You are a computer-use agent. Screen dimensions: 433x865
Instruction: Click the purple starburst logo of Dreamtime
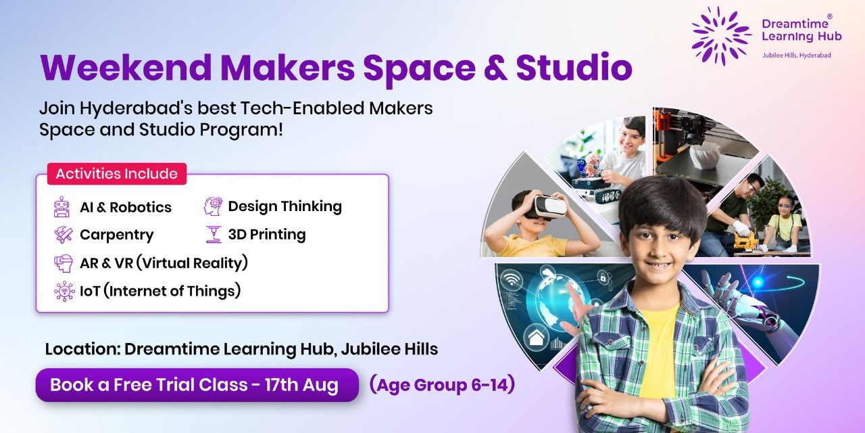click(x=721, y=36)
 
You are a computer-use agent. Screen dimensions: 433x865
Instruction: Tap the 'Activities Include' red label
click(x=116, y=174)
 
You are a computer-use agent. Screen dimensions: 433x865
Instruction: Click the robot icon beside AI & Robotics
click(x=62, y=207)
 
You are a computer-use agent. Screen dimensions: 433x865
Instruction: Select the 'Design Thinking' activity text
click(x=285, y=206)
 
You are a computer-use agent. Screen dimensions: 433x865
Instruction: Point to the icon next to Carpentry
click(x=63, y=235)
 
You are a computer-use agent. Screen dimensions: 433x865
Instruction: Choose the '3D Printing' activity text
click(x=266, y=235)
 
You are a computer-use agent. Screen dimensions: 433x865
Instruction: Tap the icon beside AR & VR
click(x=63, y=263)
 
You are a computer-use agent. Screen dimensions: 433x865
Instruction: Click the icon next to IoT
click(x=64, y=291)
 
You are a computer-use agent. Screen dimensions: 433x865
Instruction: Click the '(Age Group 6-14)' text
click(x=442, y=385)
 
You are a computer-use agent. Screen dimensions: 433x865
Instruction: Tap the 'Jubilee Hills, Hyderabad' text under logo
click(x=791, y=55)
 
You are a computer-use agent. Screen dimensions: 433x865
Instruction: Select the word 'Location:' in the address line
click(x=82, y=350)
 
